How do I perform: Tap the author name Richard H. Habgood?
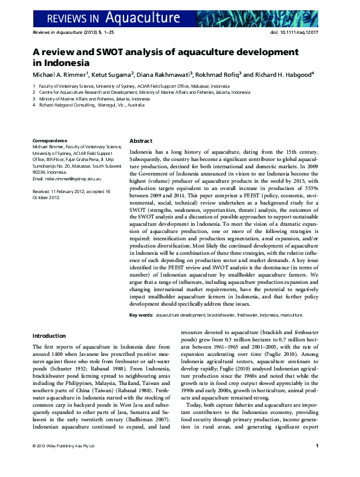tap(283, 74)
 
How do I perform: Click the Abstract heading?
tap(141, 140)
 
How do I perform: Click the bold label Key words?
tap(142, 315)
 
